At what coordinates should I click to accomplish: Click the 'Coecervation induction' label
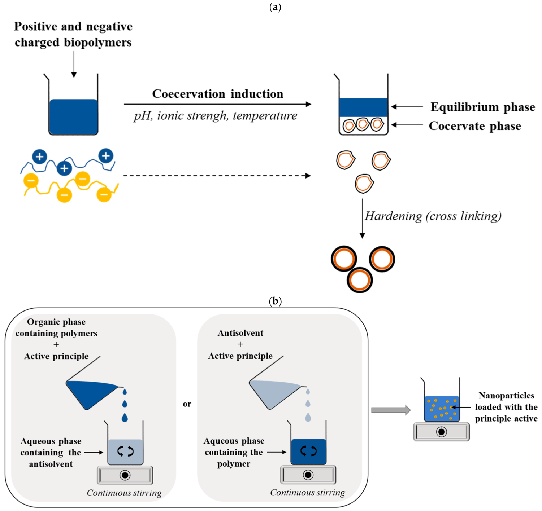point(217,94)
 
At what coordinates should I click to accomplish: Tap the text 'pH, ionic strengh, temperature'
point(215,116)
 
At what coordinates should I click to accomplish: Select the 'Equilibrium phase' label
point(482,107)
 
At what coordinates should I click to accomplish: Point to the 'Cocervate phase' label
point(474,126)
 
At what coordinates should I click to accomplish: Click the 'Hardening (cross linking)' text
point(433,216)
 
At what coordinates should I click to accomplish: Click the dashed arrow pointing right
point(217,176)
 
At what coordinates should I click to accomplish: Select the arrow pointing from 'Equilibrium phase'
point(407,107)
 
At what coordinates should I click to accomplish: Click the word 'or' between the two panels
point(187,404)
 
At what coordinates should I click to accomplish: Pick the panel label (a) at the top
point(275,7)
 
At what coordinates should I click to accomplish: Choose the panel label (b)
point(275,301)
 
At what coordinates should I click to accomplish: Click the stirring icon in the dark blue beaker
point(308,451)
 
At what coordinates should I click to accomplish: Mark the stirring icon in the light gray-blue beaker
point(125,451)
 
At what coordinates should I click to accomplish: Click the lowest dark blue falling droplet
point(125,418)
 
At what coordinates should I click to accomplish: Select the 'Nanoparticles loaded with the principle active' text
point(506,407)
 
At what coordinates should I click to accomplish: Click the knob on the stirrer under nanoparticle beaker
point(441,432)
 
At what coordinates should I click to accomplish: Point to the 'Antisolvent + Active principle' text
point(240,344)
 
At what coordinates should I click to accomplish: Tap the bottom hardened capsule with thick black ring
point(359,280)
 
